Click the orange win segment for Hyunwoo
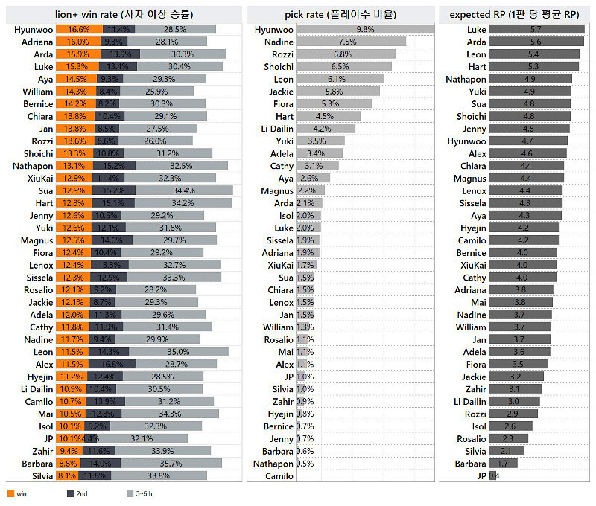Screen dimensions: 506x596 78,29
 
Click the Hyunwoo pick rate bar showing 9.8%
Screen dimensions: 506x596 365,29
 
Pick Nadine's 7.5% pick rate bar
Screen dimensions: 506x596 351,42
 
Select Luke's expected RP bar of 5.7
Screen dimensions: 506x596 536,29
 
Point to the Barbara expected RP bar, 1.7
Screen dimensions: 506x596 503,464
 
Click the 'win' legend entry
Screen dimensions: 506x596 16,493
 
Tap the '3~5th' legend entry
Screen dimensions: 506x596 139,493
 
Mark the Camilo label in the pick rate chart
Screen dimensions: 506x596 279,476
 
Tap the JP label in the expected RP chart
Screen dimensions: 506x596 481,476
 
